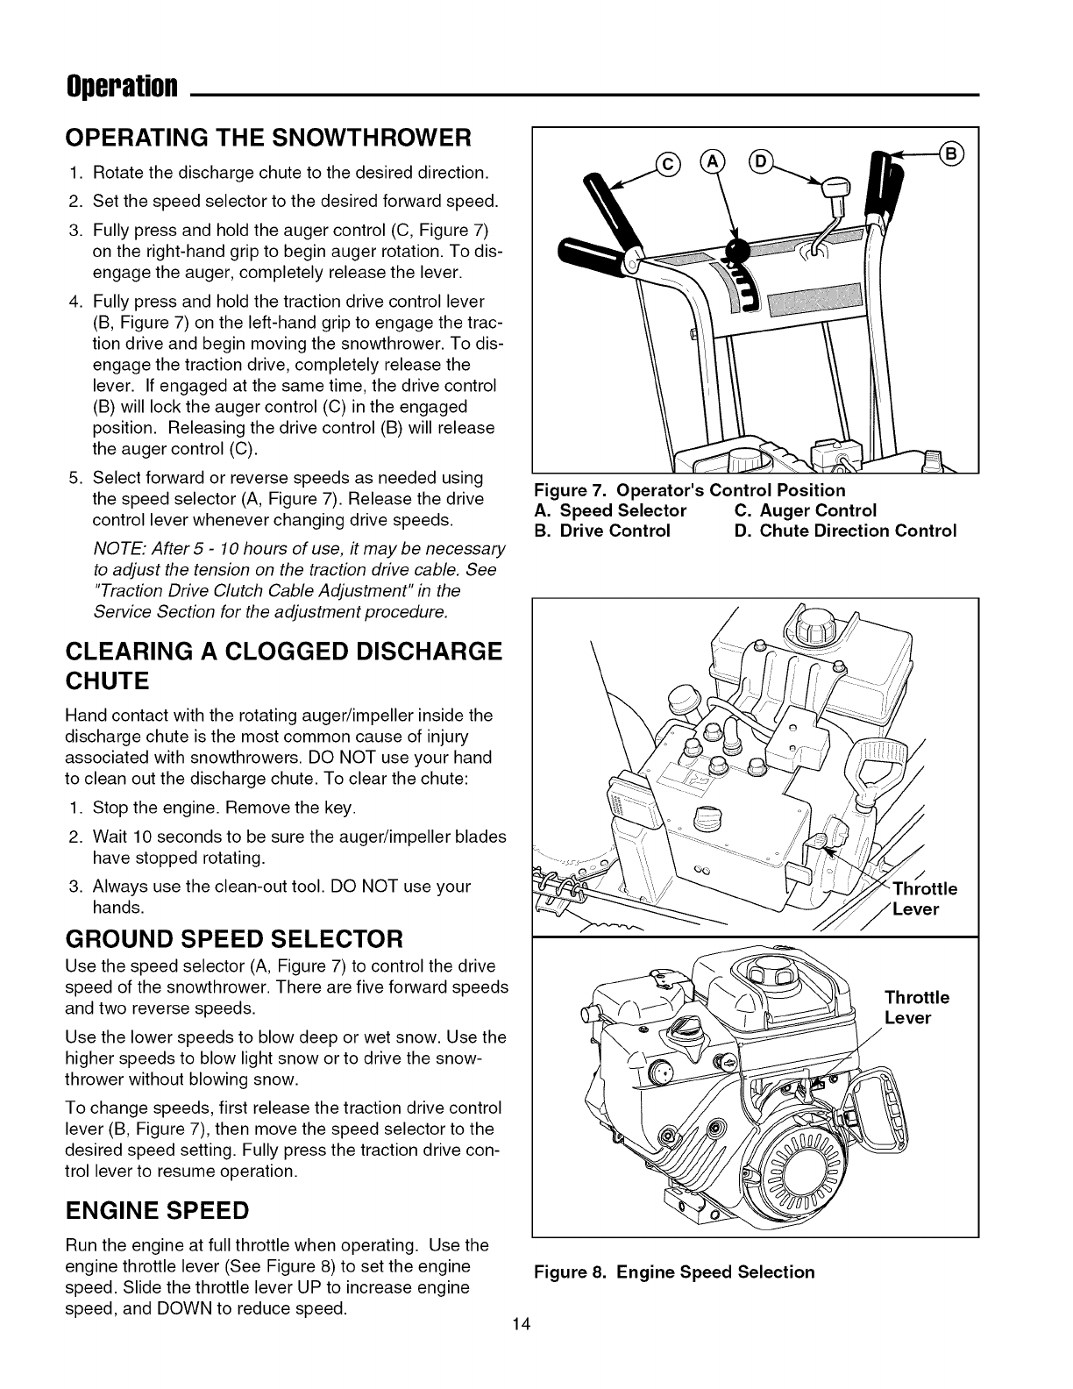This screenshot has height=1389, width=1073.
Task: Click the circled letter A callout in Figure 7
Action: [716, 162]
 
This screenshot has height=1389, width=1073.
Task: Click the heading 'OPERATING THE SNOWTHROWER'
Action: [269, 138]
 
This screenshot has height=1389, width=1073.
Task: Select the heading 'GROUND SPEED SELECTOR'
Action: [234, 939]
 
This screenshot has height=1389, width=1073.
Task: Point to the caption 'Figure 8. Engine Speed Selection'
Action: [674, 1271]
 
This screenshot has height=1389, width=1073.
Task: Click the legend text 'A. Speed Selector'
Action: [610, 510]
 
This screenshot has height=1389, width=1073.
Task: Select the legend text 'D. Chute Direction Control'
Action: [845, 531]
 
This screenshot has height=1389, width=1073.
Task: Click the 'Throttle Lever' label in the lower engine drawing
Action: [916, 1008]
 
